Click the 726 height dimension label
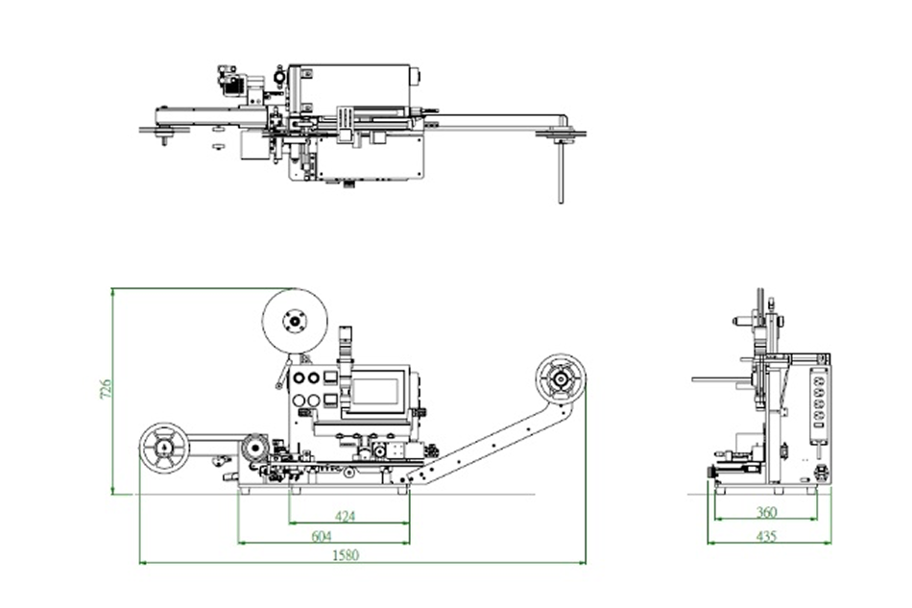pyautogui.click(x=108, y=389)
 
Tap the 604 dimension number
pyautogui.click(x=324, y=536)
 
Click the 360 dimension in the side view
pyautogui.click(x=766, y=512)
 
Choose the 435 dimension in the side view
pyautogui.click(x=766, y=535)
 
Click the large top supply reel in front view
pyautogui.click(x=296, y=321)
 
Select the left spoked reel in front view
pyautogui.click(x=165, y=448)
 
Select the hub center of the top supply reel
pyautogui.click(x=296, y=321)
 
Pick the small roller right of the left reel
pyautogui.click(x=254, y=447)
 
